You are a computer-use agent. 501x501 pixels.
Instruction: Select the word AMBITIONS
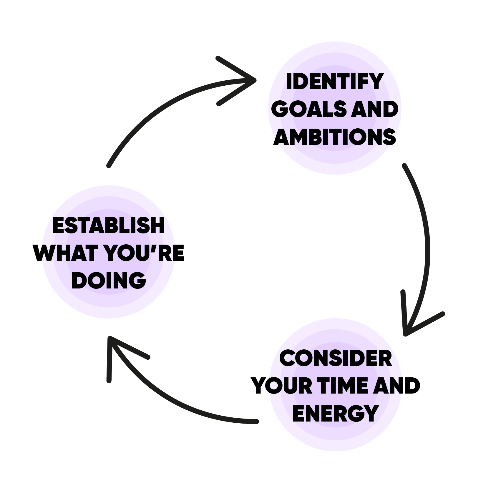point(334,137)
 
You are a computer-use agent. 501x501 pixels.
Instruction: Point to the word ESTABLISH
point(108,225)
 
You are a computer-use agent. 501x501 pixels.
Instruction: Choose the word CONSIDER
point(336,358)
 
